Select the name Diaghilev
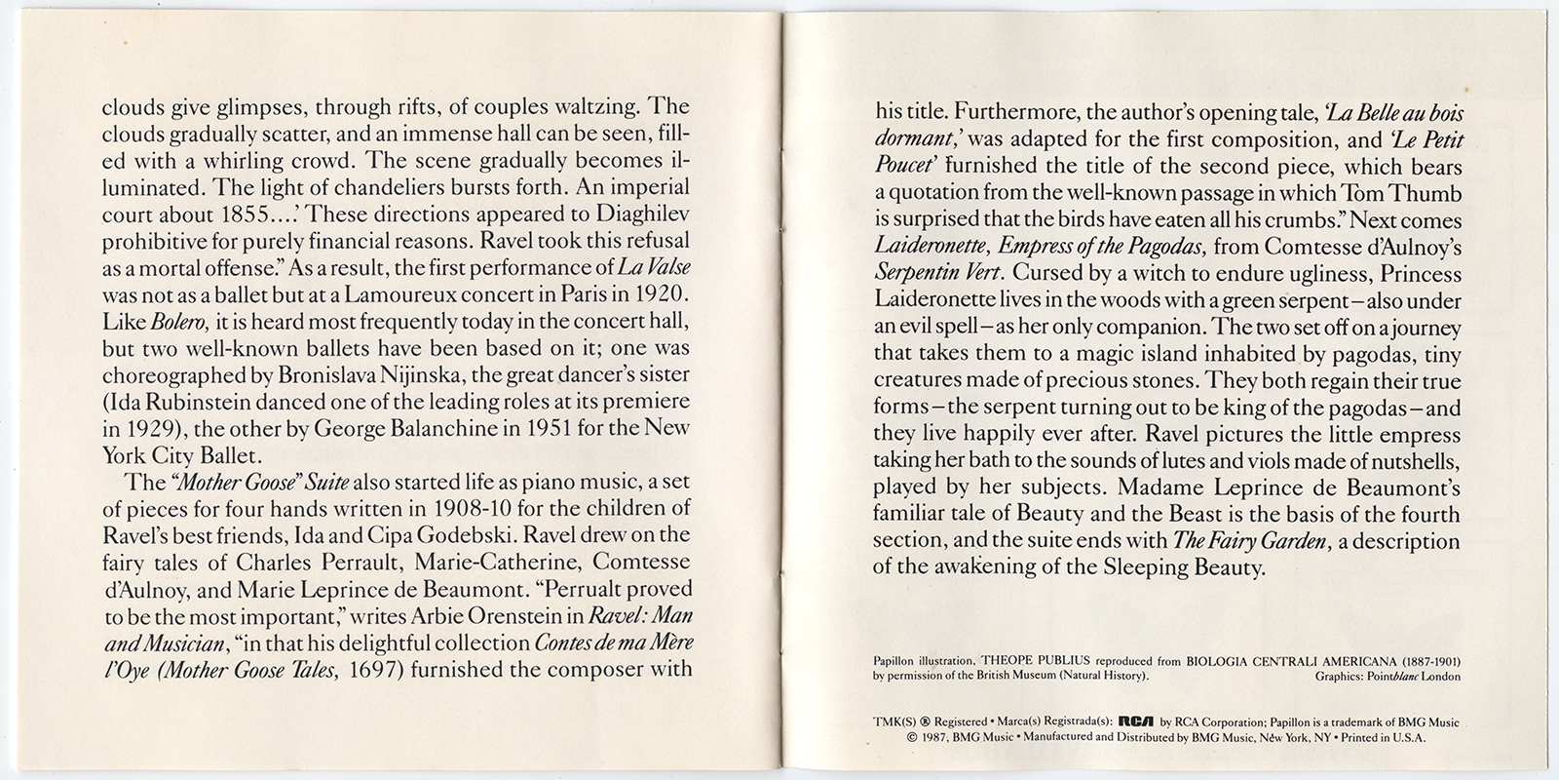[x=638, y=213]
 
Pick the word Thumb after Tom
[x=1423, y=195]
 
